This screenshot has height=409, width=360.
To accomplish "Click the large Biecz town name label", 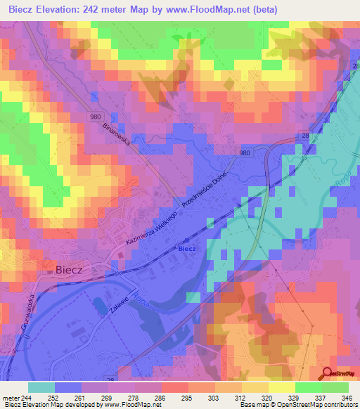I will coord(75,268).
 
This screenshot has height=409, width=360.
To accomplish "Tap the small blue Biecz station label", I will coord(186,249).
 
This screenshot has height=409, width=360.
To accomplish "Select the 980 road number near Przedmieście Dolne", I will coord(244,152).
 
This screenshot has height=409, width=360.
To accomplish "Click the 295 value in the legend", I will coord(186,397).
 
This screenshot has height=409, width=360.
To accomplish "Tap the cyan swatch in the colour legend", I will coord(41,387).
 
